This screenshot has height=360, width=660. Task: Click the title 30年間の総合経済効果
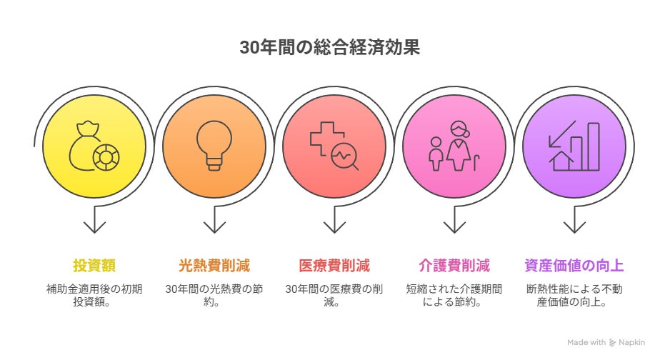tap(329, 48)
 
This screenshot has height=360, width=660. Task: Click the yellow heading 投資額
tap(94, 266)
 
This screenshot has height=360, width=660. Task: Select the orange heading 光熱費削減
tap(214, 266)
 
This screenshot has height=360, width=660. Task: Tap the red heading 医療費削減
tap(334, 266)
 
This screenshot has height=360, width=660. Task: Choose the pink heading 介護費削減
tap(454, 266)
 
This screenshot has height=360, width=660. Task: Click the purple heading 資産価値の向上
tap(574, 266)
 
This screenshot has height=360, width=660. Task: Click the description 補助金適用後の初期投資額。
tap(94, 296)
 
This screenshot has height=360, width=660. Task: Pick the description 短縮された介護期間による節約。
tap(454, 296)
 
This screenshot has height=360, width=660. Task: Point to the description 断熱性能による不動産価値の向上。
tap(574, 296)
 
